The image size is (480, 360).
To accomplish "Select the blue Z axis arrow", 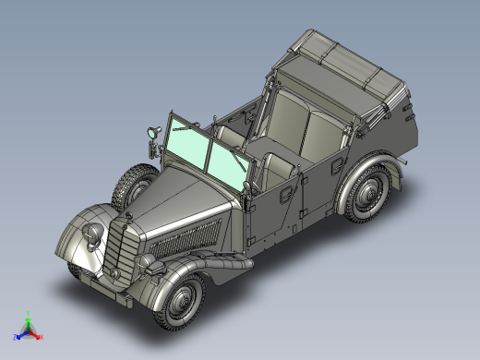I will (19, 333).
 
